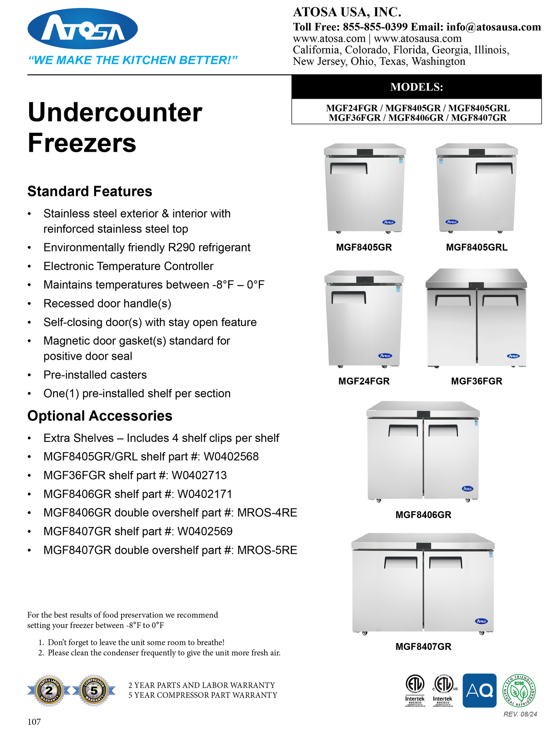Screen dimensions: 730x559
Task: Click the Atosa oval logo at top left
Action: [82, 29]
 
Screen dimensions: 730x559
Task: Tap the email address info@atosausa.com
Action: [493, 27]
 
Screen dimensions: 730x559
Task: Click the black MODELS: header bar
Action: [416, 87]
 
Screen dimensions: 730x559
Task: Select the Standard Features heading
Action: [90, 191]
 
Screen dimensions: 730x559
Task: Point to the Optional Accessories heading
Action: [100, 416]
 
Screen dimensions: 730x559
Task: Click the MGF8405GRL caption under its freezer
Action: [477, 247]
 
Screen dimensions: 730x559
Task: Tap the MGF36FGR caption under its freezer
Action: [477, 381]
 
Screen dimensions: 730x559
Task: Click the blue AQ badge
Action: [479, 690]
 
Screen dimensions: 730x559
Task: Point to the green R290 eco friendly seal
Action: [519, 690]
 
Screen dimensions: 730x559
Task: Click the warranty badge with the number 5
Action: [94, 691]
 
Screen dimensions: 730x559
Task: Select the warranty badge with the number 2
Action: [49, 691]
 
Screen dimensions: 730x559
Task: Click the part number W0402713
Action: [199, 476]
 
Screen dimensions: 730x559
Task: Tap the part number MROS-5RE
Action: [267, 550]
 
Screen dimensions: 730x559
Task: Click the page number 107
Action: [34, 721]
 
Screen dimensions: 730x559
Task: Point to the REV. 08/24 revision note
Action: [520, 714]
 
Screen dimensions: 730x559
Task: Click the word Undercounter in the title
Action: [115, 113]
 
